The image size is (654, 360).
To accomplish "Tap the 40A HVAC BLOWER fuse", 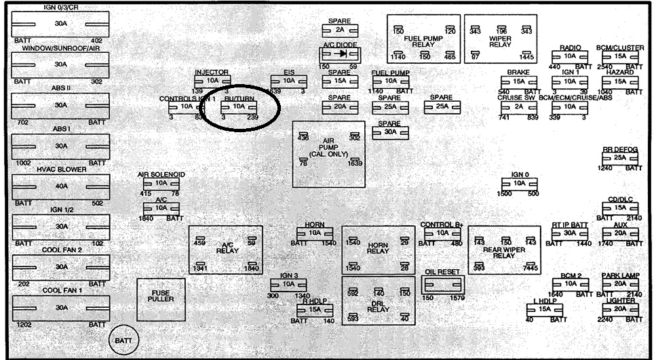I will [61, 186].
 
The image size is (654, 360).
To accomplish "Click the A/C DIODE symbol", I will [341, 54].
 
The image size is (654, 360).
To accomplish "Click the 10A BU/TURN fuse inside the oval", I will [238, 106].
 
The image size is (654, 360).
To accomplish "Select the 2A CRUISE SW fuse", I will [519, 106].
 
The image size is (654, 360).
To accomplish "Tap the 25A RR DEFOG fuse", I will [619, 158].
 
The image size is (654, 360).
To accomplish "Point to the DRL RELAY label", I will [378, 306].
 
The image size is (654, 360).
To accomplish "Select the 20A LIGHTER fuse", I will [619, 309].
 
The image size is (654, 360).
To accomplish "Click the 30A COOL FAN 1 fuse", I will [61, 308].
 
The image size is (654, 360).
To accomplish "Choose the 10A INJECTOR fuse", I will [211, 81].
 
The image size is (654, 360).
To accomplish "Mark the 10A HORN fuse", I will [314, 233].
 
